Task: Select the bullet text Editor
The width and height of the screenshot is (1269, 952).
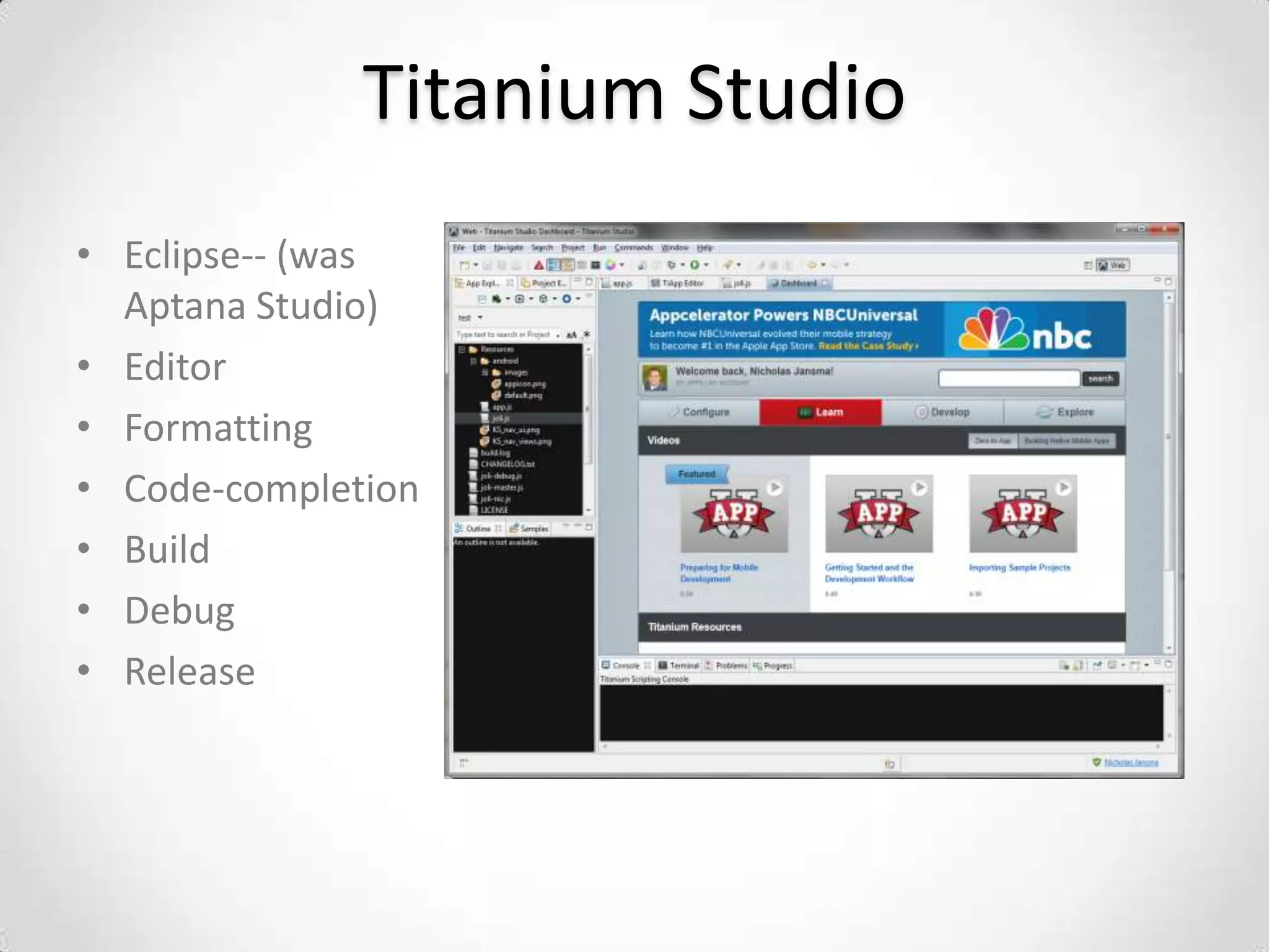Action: click(175, 367)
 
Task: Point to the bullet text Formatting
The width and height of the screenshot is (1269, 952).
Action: click(218, 428)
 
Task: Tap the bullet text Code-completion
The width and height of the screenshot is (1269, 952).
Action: click(271, 489)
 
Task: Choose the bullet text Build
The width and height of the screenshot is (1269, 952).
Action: click(167, 550)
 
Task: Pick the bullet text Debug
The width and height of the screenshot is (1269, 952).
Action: click(180, 611)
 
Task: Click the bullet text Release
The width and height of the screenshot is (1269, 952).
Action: click(190, 671)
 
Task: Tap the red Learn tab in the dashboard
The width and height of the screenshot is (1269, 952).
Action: click(820, 412)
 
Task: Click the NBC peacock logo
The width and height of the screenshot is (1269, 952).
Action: click(993, 329)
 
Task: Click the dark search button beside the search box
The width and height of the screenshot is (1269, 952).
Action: click(1100, 379)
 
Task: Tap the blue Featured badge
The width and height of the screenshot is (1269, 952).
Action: click(696, 474)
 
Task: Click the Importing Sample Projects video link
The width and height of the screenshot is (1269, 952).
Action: click(1019, 568)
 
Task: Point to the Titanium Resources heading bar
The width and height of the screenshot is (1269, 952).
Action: click(881, 627)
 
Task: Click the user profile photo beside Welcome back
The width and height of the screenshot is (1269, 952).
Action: click(654, 377)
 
